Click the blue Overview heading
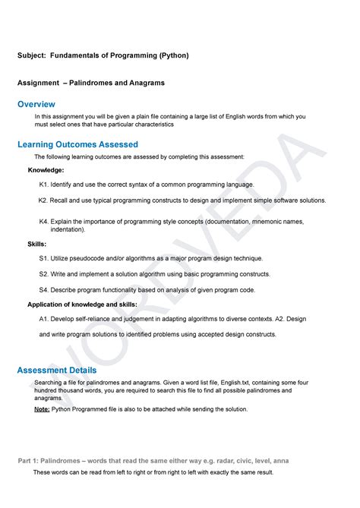(x=36, y=103)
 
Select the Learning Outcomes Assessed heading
(x=77, y=144)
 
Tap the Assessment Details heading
(x=57, y=370)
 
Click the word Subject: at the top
(x=32, y=55)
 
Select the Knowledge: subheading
(x=46, y=170)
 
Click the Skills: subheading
(x=37, y=244)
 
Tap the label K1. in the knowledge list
(x=44, y=185)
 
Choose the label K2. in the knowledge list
(x=44, y=200)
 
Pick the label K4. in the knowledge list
(x=44, y=221)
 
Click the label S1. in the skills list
(x=44, y=259)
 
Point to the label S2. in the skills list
(x=44, y=274)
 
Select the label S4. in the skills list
(x=44, y=289)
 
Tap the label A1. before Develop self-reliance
(x=44, y=319)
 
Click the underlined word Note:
(x=42, y=409)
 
